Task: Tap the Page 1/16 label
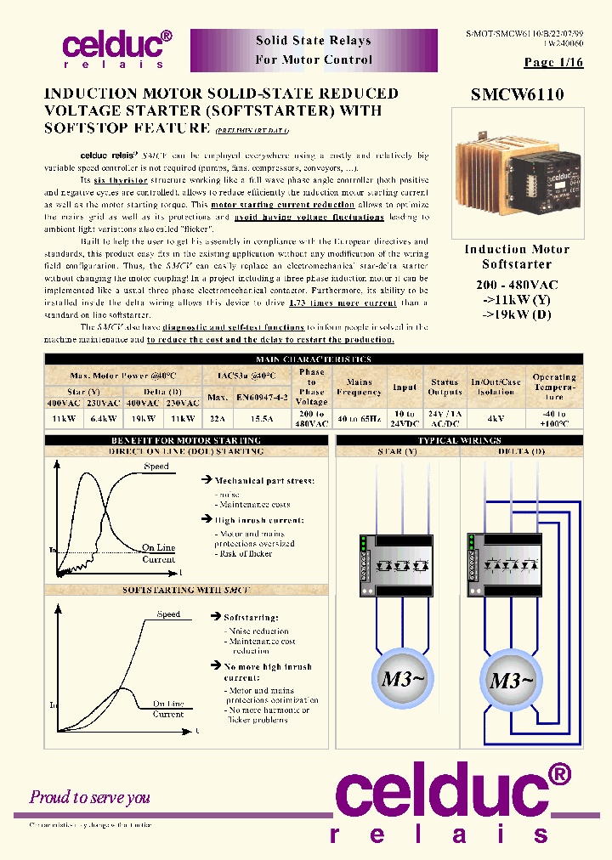553,62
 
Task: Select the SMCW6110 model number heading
517,95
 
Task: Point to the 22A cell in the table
217,419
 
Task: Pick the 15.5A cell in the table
261,419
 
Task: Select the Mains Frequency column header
359,388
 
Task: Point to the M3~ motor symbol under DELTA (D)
512,681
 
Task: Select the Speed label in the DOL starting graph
156,467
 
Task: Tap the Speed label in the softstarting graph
168,614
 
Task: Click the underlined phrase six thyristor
121,181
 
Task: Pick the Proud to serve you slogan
90,797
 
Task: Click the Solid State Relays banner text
314,41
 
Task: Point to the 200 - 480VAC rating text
517,286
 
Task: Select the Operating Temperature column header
554,387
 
